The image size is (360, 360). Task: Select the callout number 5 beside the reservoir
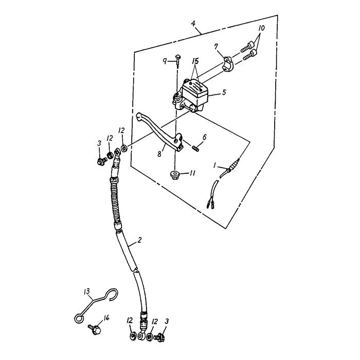pyautogui.click(x=225, y=94)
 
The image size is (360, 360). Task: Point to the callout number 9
pyautogui.click(x=165, y=61)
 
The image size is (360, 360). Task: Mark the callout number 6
pyautogui.click(x=204, y=137)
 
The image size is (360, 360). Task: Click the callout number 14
pyautogui.click(x=106, y=318)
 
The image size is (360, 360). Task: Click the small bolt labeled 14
pyautogui.click(x=95, y=327)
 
